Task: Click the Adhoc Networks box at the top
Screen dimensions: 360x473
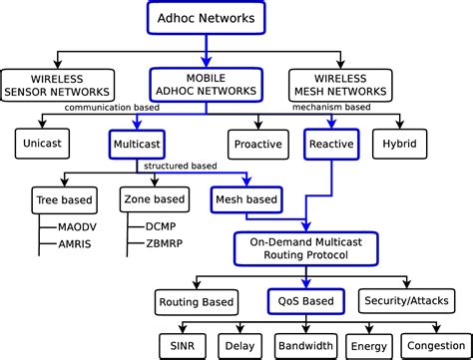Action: pos(207,19)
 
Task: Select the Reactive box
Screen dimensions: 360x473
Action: pos(332,145)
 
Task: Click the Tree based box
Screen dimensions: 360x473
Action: pos(63,200)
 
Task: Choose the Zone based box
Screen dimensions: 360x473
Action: pos(153,200)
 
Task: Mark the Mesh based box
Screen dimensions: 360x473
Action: pos(247,200)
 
